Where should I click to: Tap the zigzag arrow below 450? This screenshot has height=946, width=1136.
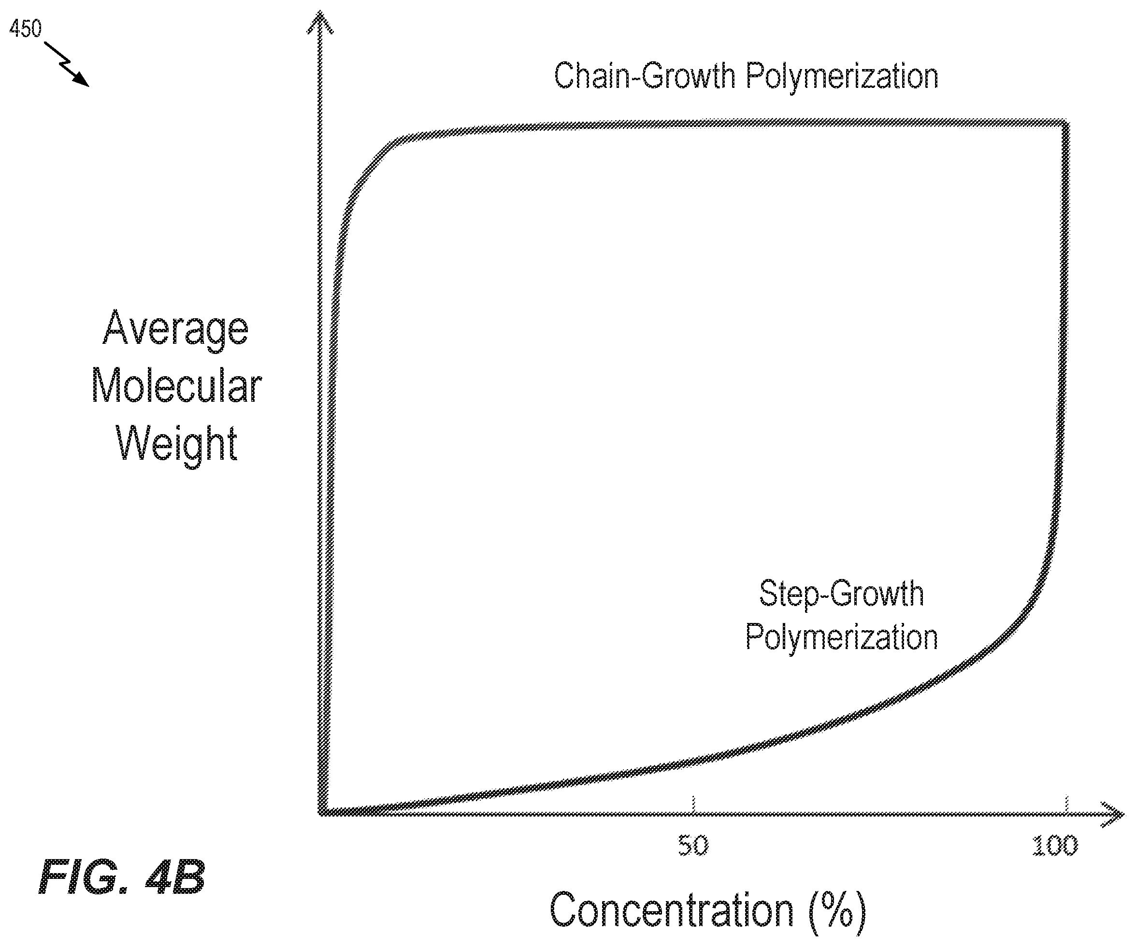coord(67,64)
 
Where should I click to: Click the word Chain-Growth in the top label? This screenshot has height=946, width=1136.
coord(644,76)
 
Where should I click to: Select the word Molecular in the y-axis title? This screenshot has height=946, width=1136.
coord(176,386)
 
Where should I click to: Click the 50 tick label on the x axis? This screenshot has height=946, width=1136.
coord(693,846)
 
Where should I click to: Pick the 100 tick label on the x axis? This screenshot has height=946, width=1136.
coord(1055,846)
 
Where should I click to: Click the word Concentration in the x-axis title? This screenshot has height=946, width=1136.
coord(672,910)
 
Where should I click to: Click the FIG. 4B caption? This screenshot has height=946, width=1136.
coord(122,877)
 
